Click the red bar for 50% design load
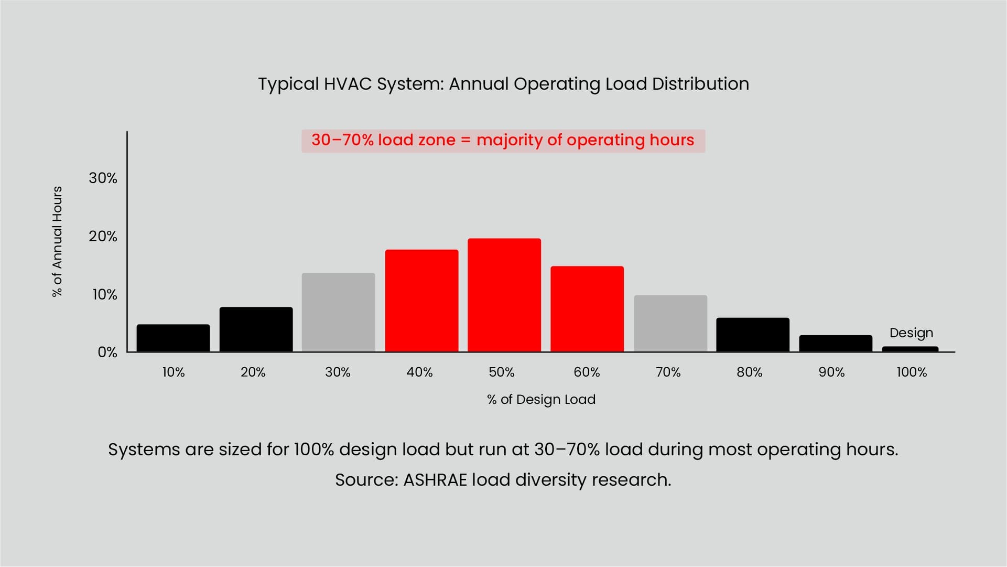pos(504,295)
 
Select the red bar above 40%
pos(421,301)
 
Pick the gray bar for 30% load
pos(338,312)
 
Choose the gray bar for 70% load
pos(670,323)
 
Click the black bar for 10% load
pos(173,338)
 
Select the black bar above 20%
pos(256,329)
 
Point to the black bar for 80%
pos(752,334)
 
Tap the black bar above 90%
pos(835,343)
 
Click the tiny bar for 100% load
pos(910,349)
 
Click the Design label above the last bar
pos(911,333)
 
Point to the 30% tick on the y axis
pos(103,178)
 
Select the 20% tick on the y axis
pos(103,237)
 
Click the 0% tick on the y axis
pos(107,352)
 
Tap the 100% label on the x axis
pos(912,372)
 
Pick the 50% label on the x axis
pos(501,372)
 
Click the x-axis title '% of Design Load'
pos(541,400)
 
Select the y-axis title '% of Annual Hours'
pos(57,241)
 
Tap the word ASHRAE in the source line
pos(435,480)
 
